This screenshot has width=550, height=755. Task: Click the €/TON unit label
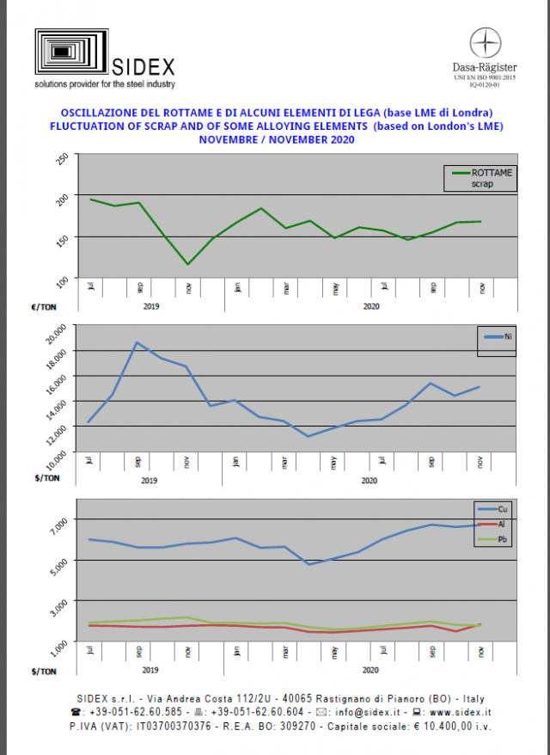click(45, 305)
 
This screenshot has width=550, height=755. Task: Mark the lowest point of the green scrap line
click(187, 264)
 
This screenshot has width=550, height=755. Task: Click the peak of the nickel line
click(137, 342)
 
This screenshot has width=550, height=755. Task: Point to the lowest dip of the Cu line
click(309, 564)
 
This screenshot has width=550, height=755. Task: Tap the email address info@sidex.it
click(358, 712)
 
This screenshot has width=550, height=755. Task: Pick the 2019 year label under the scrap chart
click(150, 305)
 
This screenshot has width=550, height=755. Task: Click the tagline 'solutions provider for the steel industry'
click(105, 84)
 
